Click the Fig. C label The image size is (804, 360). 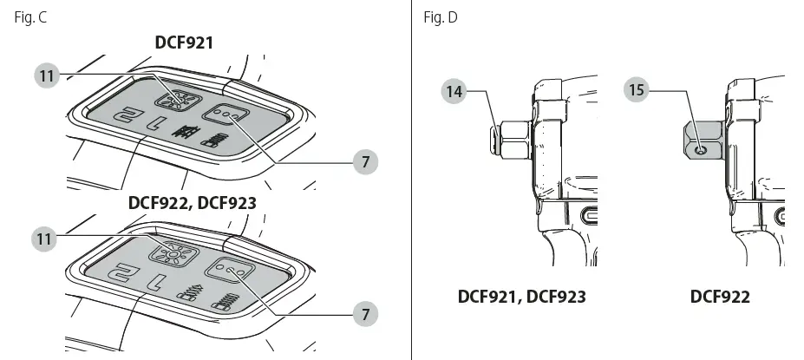coord(30,17)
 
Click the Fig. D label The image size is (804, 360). coord(441,17)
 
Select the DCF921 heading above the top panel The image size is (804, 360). coord(184,43)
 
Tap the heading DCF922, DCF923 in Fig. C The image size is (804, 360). coord(192,203)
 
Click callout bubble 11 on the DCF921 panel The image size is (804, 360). coord(47,75)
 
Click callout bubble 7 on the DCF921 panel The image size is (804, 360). coord(365,162)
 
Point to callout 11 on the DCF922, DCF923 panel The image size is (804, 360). coord(44,239)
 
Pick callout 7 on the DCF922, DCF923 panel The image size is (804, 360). coord(365,314)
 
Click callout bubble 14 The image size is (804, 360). coord(454,92)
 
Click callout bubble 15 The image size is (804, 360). coord(637,89)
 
